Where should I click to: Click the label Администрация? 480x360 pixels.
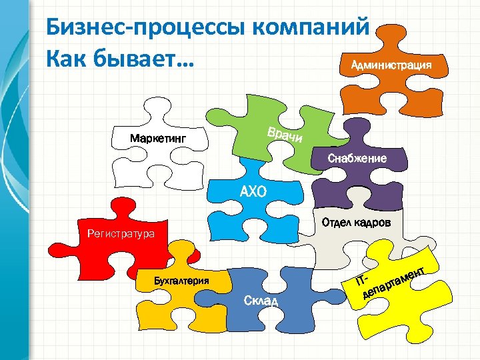[x=386, y=65]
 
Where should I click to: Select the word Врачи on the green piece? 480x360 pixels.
[x=285, y=135]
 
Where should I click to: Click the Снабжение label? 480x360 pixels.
[x=357, y=159]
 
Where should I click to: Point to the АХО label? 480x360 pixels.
[x=253, y=193]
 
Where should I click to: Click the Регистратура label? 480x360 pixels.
[x=121, y=234]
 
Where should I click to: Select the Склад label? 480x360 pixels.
[x=261, y=302]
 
